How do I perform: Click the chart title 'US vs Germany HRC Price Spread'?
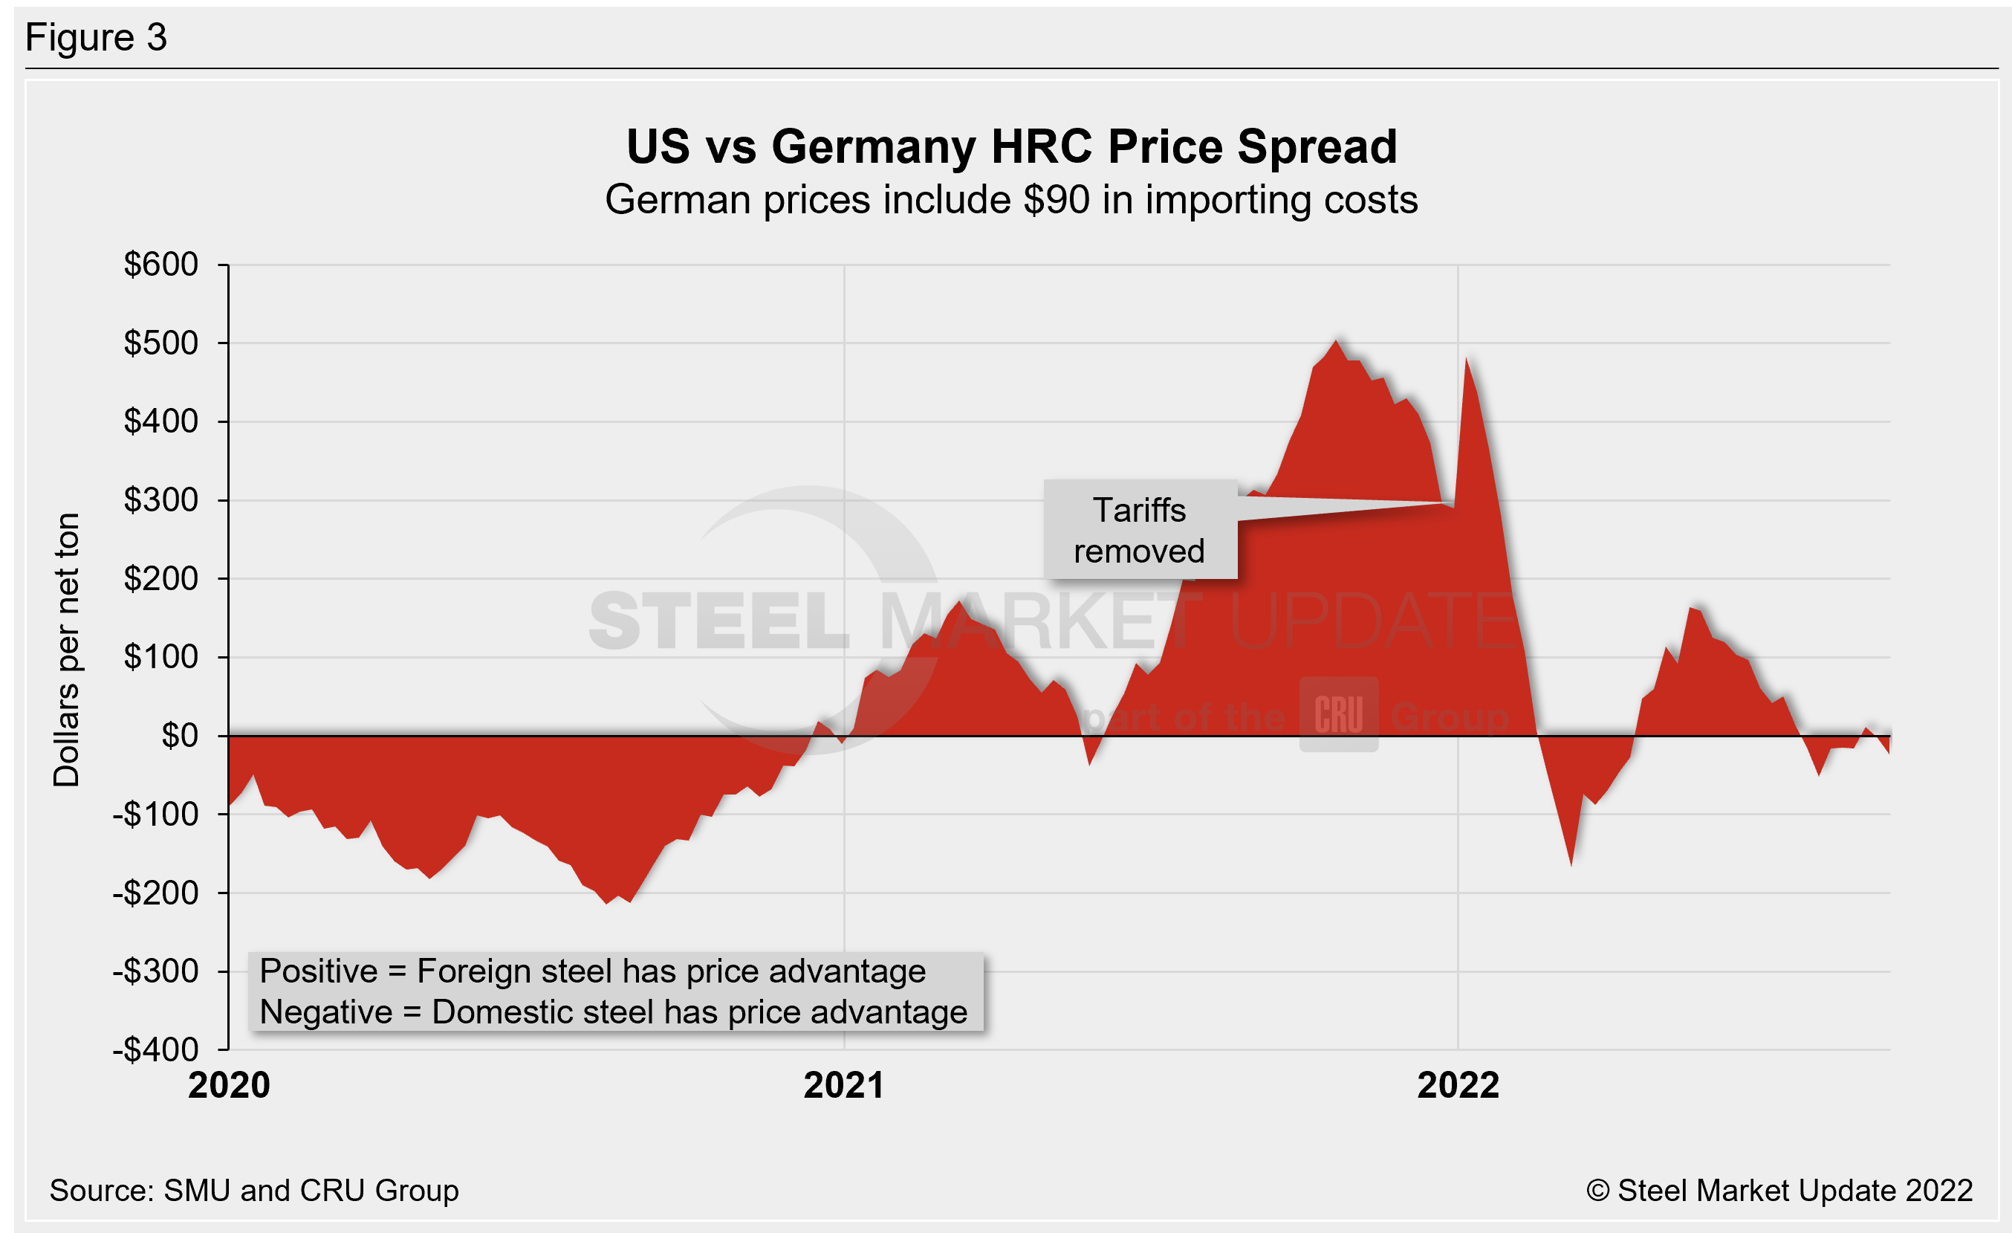[x=1011, y=147]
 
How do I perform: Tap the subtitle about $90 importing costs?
[x=1011, y=200]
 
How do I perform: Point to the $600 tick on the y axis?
[x=161, y=265]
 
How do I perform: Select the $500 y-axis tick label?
[x=161, y=343]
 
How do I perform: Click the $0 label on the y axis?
[x=180, y=736]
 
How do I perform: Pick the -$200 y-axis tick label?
[x=156, y=893]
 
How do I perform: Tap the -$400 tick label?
[x=156, y=1050]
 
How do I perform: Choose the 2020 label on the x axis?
[x=229, y=1086]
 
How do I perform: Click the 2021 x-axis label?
[x=843, y=1086]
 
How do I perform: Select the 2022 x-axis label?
[x=1458, y=1086]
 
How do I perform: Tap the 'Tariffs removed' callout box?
[x=1140, y=530]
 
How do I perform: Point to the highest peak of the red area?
[x=1336, y=341]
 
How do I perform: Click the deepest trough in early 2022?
[x=1571, y=863]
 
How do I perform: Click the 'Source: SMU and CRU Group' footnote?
[x=254, y=1191]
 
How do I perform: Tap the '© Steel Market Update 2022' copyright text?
[x=1779, y=1191]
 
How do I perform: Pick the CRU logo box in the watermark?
[x=1338, y=714]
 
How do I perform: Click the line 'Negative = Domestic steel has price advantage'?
[x=613, y=1012]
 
